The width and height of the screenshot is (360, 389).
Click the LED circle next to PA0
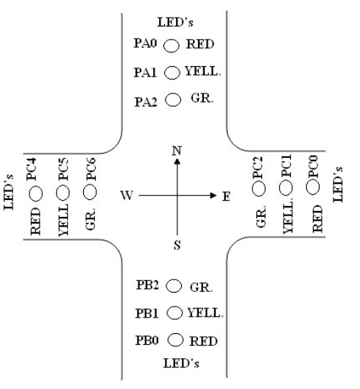point(171,46)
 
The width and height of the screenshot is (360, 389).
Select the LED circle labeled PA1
point(172,72)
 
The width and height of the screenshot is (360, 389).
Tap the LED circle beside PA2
point(174,99)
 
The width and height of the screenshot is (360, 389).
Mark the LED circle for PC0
point(314,188)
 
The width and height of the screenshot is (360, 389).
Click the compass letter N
point(176,151)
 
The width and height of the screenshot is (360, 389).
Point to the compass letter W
point(127,197)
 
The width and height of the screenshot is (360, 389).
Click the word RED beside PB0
point(203,342)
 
